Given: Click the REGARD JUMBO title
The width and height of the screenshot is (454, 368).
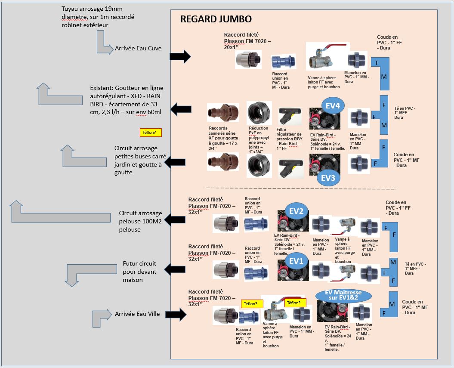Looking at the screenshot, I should [x=216, y=19].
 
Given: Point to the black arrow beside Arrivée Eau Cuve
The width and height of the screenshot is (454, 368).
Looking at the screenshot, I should [x=180, y=56].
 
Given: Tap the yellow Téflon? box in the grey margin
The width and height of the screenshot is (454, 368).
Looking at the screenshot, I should [x=151, y=133].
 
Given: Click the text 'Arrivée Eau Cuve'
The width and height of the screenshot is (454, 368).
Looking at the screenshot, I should [x=138, y=48].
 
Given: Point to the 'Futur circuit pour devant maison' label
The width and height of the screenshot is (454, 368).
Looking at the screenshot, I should [x=139, y=271].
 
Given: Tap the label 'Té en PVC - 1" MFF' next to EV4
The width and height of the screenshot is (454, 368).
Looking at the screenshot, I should [x=405, y=113].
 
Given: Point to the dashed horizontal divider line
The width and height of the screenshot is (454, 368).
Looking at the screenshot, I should [x=301, y=189].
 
